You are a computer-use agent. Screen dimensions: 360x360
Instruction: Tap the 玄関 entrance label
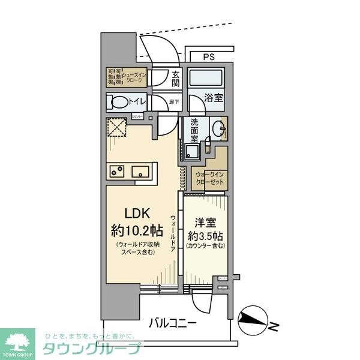click(x=176, y=79)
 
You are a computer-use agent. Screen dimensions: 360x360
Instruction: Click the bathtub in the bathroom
click(x=205, y=79)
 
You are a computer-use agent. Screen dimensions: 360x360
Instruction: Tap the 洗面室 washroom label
click(x=194, y=131)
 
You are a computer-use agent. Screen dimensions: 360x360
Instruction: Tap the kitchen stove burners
click(x=116, y=172)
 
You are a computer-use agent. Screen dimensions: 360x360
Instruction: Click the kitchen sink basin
click(x=140, y=172)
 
